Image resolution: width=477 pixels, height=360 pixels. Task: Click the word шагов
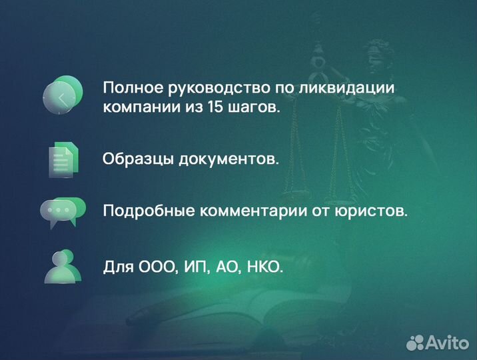pyautogui.click(x=259, y=108)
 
